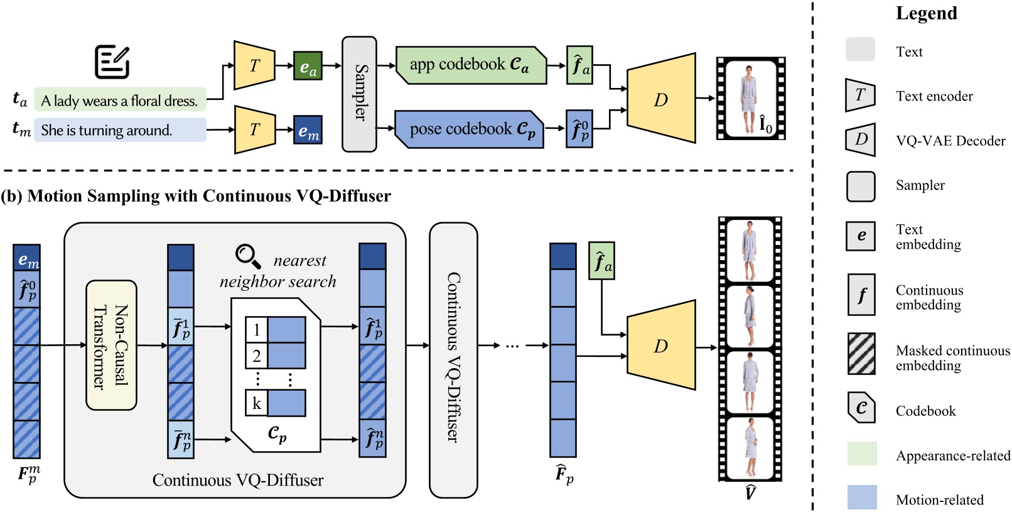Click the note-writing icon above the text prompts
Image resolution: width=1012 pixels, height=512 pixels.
pyautogui.click(x=112, y=62)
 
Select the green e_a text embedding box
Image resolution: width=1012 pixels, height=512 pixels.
pyautogui.click(x=308, y=66)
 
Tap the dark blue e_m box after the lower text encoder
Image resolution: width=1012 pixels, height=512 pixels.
pyautogui.click(x=308, y=130)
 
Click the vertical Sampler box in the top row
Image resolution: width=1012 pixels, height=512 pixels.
pyautogui.click(x=359, y=94)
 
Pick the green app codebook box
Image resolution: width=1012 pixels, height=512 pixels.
pyautogui.click(x=471, y=65)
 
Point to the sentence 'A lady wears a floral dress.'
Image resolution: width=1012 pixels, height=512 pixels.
pyautogui.click(x=119, y=100)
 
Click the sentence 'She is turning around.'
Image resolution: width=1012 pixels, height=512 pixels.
pyautogui.click(x=107, y=130)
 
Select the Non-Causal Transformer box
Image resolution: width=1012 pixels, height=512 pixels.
pyautogui.click(x=111, y=346)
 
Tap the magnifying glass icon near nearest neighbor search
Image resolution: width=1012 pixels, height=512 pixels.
pyautogui.click(x=248, y=256)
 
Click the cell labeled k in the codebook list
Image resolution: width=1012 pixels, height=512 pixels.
pyautogui.click(x=257, y=403)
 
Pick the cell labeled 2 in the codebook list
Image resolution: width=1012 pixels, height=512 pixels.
pyautogui.click(x=257, y=356)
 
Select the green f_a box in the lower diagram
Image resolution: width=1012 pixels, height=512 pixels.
pyautogui.click(x=601, y=261)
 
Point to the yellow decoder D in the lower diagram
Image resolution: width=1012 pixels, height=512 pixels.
pyautogui.click(x=661, y=346)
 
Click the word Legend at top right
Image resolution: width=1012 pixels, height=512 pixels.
pyautogui.click(x=926, y=13)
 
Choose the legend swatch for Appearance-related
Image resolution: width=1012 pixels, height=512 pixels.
pyautogui.click(x=861, y=454)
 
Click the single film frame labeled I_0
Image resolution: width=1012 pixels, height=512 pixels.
pyautogui.click(x=750, y=98)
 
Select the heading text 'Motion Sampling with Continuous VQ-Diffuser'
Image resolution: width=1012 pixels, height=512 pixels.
pyautogui.click(x=209, y=196)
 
